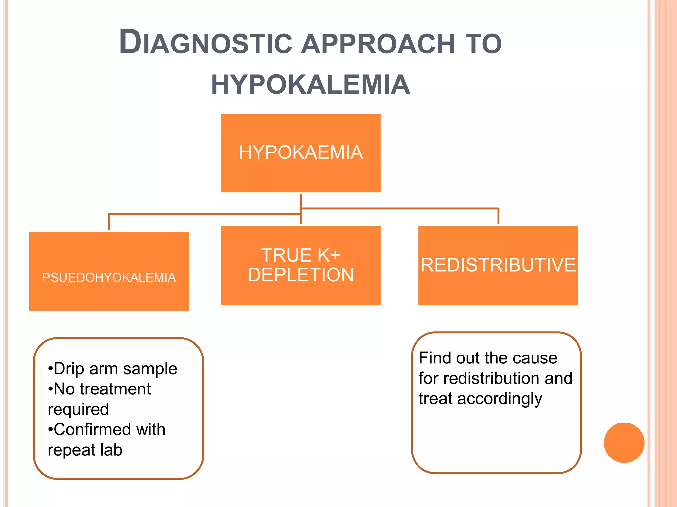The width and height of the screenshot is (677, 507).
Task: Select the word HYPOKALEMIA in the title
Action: point(310,85)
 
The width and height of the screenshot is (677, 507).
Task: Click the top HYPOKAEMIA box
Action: point(300,153)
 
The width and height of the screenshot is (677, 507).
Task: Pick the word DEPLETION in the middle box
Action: point(300,275)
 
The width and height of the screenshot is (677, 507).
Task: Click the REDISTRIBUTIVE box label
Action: point(498,265)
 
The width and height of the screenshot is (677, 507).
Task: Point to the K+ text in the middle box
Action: point(329,255)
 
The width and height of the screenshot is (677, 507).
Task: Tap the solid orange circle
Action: point(624,443)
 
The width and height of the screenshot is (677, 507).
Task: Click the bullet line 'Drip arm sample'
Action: point(112,369)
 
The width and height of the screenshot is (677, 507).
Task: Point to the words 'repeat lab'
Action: point(85,450)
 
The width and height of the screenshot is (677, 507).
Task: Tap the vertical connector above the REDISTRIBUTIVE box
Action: point(498,217)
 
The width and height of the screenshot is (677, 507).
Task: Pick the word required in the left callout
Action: point(78,409)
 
